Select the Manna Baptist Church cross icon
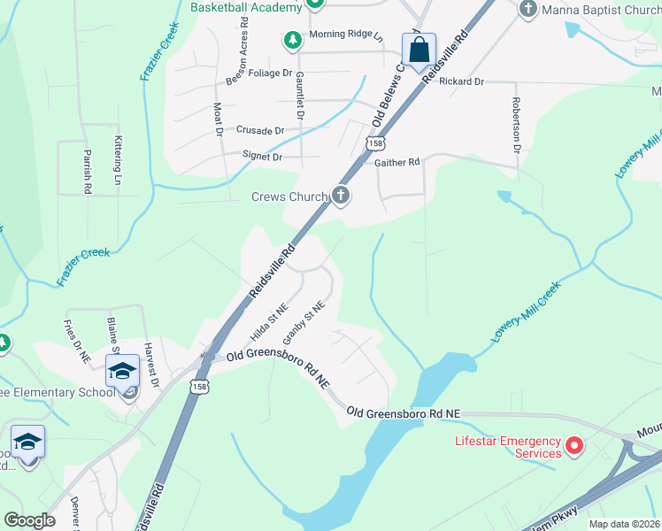coord(528,9)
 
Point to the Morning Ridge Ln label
coord(345,36)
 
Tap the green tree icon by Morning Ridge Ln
coord(292,39)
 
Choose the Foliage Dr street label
coord(271,73)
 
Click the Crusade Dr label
coord(260,130)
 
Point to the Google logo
coord(30,520)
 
